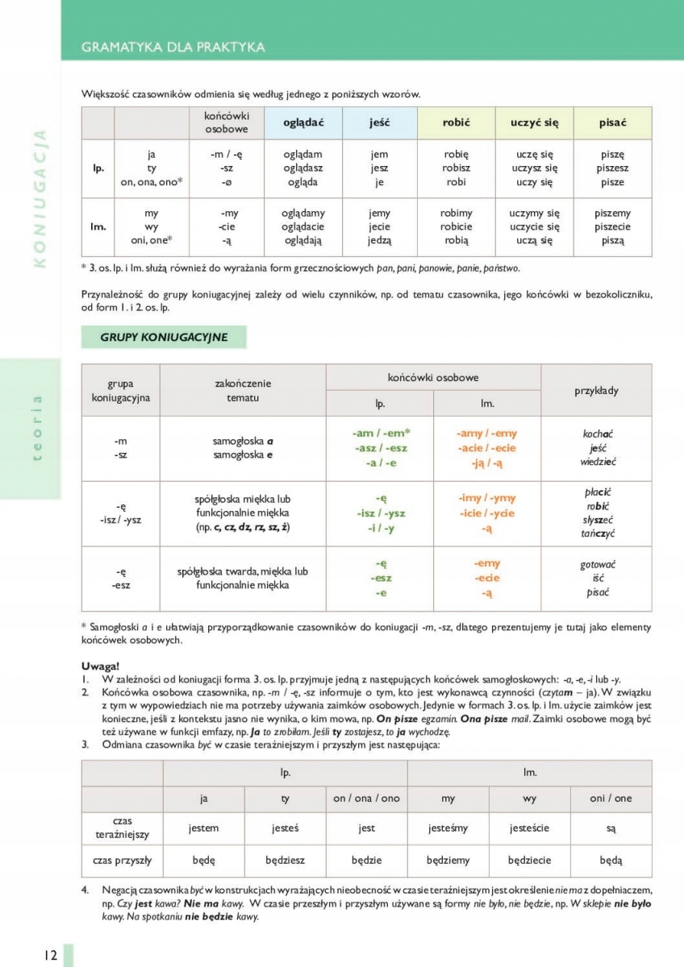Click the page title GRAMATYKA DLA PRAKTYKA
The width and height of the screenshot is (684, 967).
[x=173, y=47]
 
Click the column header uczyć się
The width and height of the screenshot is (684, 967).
[x=534, y=122]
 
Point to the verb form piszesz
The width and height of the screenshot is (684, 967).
[x=612, y=168]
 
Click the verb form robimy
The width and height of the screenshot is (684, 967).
[x=456, y=214]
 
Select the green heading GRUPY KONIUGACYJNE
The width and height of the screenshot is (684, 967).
[x=164, y=338]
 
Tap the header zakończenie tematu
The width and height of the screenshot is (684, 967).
[x=243, y=390]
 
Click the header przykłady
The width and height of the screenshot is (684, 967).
[x=596, y=390]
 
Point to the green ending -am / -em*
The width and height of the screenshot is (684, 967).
[x=382, y=434]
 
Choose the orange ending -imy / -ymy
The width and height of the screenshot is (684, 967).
[x=486, y=498]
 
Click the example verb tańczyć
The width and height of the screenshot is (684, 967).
[x=597, y=534]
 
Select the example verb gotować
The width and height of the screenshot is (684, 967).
[x=597, y=565]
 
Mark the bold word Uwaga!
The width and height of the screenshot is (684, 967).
[x=100, y=666]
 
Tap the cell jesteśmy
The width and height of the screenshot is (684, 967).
[x=448, y=828]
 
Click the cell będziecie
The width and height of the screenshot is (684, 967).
[x=529, y=860]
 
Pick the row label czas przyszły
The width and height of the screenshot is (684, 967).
[x=122, y=860]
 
